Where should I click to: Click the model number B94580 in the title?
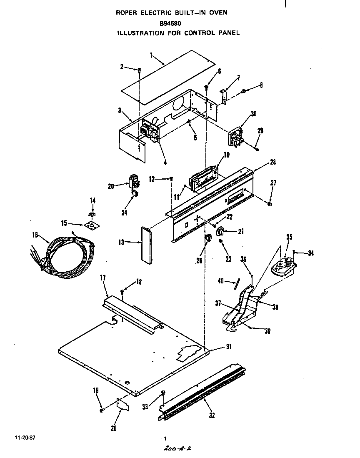coord(170,23)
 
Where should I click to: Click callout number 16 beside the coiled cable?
coord(35,235)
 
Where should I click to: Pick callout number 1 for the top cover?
coord(152,54)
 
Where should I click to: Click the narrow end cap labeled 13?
coord(145,245)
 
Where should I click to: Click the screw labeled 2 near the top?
coord(140,70)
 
